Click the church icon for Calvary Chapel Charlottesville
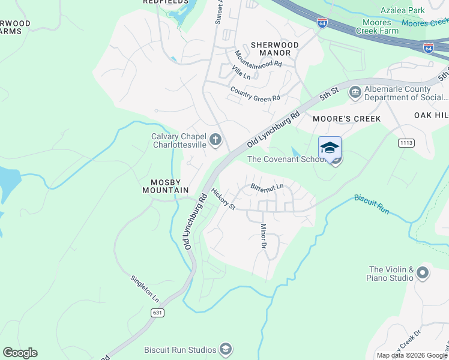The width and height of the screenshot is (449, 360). point(216,140)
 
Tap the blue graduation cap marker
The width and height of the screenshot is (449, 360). point(330,148)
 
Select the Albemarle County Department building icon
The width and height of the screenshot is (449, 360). point(355,91)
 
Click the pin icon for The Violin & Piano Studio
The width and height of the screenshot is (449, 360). point(423,274)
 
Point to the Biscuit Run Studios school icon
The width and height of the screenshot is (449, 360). point(225,349)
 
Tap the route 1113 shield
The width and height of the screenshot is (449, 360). point(406,143)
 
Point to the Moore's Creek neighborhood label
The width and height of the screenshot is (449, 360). point(347,119)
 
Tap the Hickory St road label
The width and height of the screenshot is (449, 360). point(223,199)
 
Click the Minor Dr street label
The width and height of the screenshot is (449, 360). point(262,236)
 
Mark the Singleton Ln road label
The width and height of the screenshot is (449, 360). point(145,288)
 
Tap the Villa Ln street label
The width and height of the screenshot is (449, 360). point(241,73)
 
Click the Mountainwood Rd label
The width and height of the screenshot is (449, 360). point(258,58)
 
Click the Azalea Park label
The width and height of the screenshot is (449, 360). point(403,10)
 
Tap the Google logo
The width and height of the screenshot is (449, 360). point(20,353)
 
